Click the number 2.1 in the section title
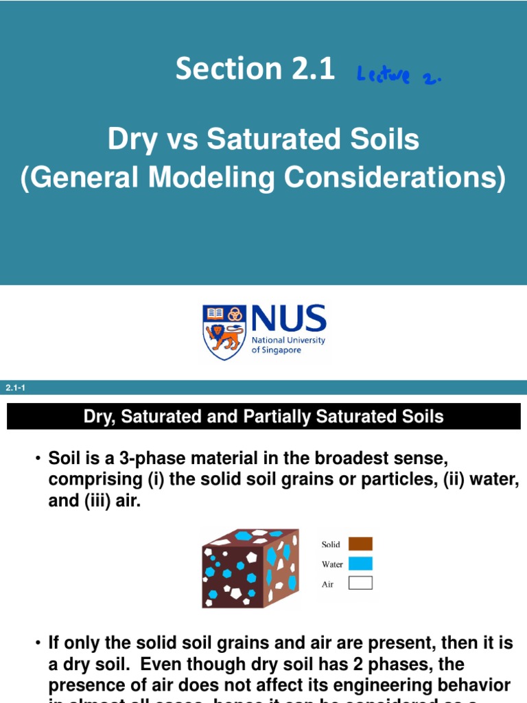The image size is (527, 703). coord(308,69)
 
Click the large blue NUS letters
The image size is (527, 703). coord(288,319)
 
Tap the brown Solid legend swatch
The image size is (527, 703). coord(360,544)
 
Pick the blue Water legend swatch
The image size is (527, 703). coord(360,564)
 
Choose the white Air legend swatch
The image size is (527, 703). coord(360,584)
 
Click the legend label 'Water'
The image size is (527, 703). coord(332,564)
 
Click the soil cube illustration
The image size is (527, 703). coord(250,568)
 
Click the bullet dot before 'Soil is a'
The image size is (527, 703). coord(38,458)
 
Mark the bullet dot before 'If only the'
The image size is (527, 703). coord(38,643)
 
